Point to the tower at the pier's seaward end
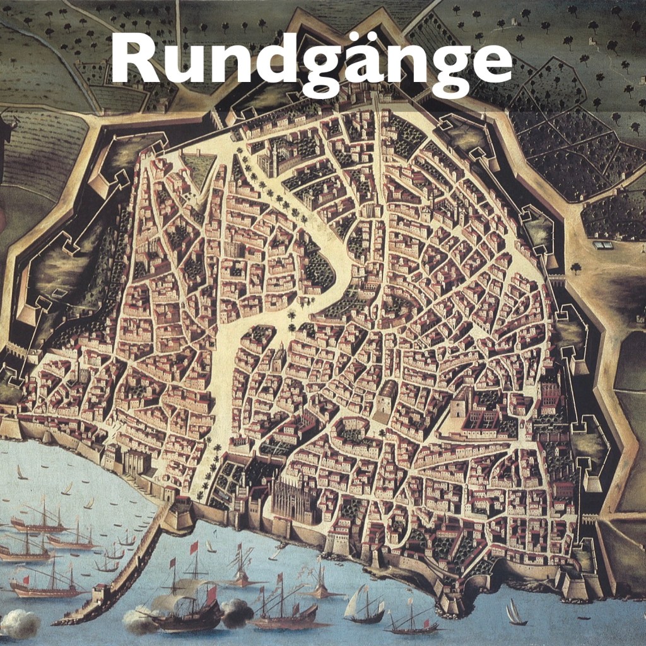tap(100, 594)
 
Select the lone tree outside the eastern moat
tap(575, 267)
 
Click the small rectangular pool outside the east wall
tap(603, 245)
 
